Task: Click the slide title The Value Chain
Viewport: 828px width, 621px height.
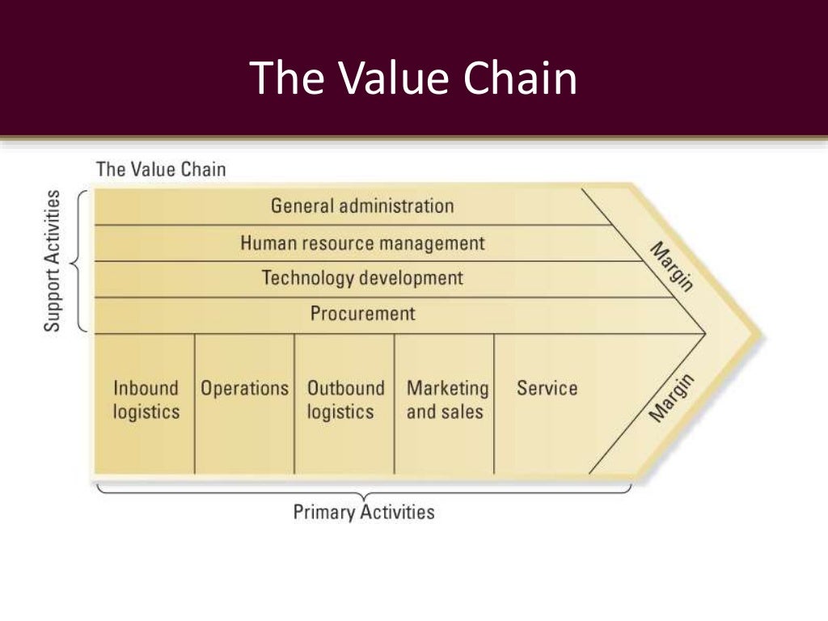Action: tap(413, 78)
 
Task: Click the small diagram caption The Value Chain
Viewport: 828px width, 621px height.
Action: tap(161, 170)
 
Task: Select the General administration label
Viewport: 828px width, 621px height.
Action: tap(362, 205)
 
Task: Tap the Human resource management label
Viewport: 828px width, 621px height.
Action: tap(362, 243)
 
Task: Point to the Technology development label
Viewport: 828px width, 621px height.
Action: tap(362, 278)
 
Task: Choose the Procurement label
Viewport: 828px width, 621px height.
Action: tap(362, 314)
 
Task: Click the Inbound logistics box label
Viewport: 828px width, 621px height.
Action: tap(146, 400)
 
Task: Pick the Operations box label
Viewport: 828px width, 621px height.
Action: tap(244, 388)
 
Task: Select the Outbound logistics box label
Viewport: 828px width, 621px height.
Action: tap(345, 400)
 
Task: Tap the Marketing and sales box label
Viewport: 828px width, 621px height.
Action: tap(447, 400)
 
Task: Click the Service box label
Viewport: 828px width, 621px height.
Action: tap(547, 388)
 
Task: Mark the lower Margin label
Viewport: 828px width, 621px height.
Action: tap(672, 398)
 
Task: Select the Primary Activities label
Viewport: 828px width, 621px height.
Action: tap(363, 512)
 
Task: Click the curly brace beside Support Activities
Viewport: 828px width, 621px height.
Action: tap(78, 261)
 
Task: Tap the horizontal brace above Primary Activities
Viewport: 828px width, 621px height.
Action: tap(363, 490)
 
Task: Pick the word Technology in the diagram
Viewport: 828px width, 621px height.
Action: tap(308, 278)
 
